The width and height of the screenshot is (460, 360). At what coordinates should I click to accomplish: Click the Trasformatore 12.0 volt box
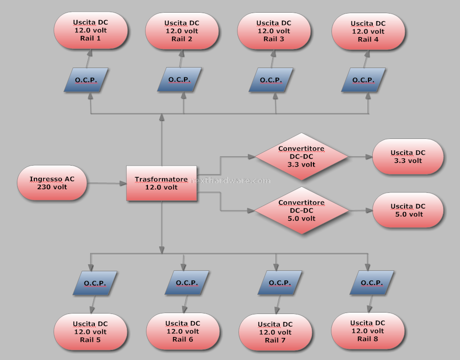pos(161,183)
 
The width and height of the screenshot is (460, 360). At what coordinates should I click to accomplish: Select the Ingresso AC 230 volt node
pos(52,183)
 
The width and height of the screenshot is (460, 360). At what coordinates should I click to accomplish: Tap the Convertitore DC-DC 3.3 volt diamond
pos(301,156)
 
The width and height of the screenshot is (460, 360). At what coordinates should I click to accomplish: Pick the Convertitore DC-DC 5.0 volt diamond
pos(301,210)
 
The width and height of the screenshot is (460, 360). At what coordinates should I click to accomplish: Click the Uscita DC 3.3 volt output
pos(408,157)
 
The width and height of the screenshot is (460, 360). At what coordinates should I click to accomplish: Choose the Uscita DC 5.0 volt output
pos(408,210)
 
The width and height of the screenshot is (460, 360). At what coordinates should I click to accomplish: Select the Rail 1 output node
pos(91,30)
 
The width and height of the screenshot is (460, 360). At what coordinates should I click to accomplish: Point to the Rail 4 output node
pos(368,31)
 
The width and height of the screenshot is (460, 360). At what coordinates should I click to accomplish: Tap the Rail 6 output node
pos(183,331)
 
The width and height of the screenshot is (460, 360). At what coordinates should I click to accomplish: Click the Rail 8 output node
pos(368,330)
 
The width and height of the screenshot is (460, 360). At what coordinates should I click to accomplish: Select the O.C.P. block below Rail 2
pos(179,79)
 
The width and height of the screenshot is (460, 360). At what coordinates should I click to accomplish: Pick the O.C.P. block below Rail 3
pos(271,80)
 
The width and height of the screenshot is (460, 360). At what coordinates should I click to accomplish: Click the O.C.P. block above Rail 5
pos(95,283)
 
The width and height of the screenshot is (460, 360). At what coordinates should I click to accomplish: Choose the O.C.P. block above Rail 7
pos(280,283)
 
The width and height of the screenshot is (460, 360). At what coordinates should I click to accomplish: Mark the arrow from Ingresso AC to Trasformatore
pos(107,183)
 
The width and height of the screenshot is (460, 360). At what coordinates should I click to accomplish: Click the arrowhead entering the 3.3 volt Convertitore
pos(252,157)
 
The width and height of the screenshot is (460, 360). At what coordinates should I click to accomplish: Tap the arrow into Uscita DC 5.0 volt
pos(361,210)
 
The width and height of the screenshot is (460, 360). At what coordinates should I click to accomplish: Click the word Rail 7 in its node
pos(275,340)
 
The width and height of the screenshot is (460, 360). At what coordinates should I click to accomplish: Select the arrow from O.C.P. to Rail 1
pos(89,58)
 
